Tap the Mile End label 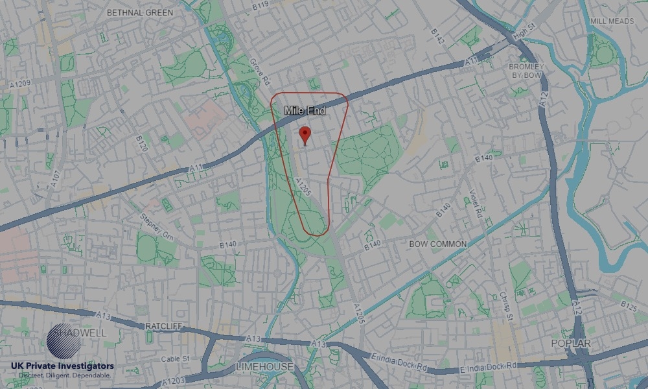click(305, 112)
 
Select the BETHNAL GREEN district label click(140, 12)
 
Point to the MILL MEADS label click(612, 21)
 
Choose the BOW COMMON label click(437, 244)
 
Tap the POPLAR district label click(570, 343)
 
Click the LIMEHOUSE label click(264, 367)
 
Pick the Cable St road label click(175, 358)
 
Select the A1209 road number click(21, 84)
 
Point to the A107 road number click(56, 178)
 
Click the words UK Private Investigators click(62, 366)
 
